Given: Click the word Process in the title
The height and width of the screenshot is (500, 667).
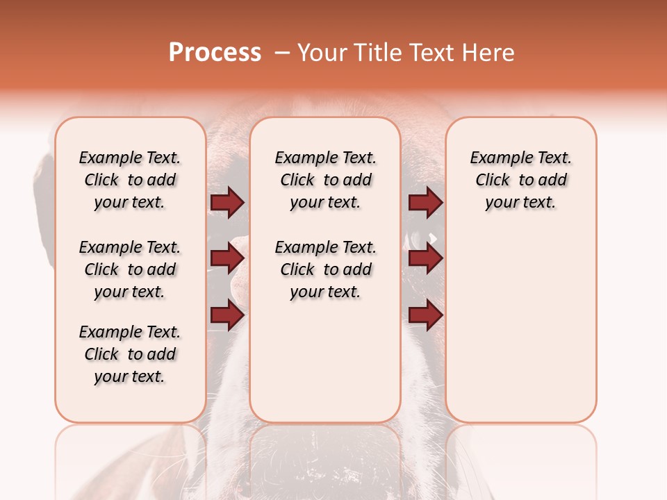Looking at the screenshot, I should (x=215, y=53).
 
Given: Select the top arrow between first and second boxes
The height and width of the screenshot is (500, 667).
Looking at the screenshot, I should (x=227, y=203).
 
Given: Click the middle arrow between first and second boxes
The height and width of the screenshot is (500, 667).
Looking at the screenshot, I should (x=227, y=259).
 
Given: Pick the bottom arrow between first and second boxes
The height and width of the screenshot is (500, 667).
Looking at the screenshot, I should (x=227, y=315).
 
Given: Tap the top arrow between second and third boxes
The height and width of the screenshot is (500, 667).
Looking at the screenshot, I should (x=425, y=203).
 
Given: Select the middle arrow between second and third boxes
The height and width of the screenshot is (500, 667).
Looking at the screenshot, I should (x=425, y=259).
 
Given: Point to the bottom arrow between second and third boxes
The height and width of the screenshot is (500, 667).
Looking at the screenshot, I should (x=425, y=315).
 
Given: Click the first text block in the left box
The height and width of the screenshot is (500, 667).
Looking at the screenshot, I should (x=130, y=180).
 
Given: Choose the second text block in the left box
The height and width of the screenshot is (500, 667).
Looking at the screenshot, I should (x=130, y=269).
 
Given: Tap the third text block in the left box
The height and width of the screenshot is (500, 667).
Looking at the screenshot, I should (x=130, y=354).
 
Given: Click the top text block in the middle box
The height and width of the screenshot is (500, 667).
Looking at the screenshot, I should (x=325, y=180).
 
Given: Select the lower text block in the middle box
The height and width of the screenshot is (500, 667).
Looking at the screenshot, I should (x=325, y=269).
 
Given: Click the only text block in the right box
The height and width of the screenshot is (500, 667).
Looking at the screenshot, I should (x=520, y=180).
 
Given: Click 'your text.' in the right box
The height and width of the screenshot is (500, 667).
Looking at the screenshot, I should (x=520, y=202).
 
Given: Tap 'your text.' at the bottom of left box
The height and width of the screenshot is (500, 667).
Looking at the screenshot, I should (x=130, y=376).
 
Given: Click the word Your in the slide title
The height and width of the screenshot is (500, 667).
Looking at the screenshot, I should (x=321, y=53).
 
